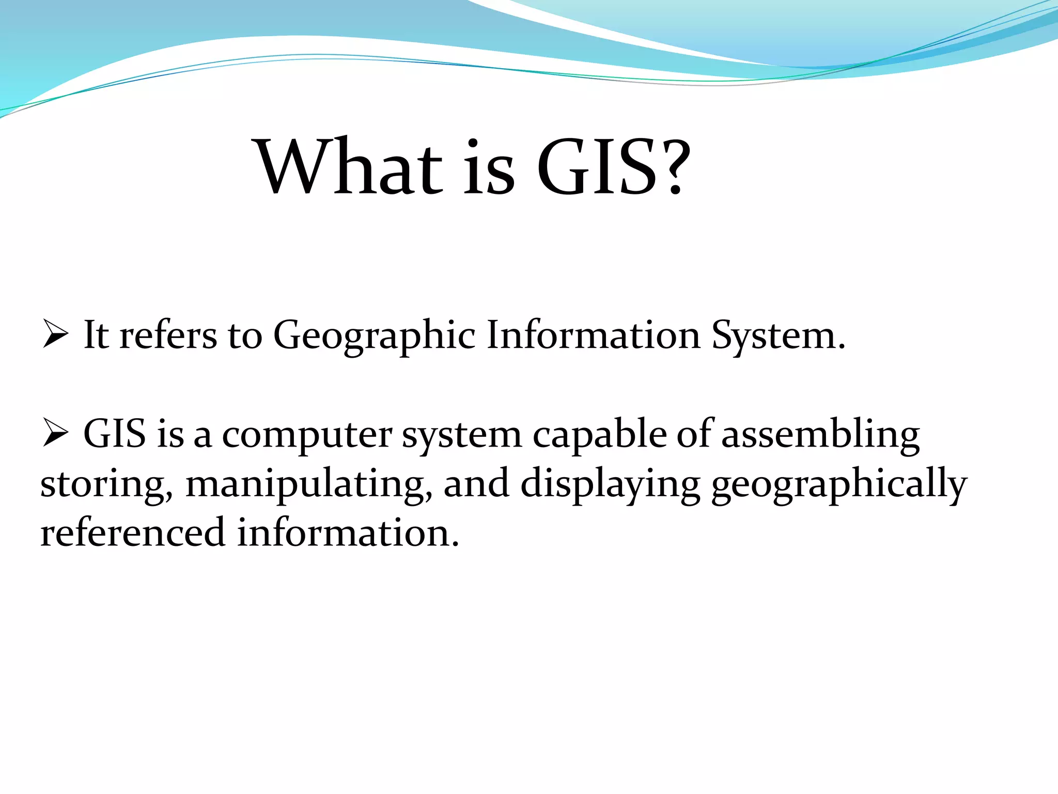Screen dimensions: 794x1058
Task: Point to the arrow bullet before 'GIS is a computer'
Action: click(55, 433)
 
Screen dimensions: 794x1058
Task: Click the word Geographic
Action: click(374, 336)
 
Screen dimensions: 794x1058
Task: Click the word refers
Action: click(168, 336)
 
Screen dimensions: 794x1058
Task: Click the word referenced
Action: click(133, 532)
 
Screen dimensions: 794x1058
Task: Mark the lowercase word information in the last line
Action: click(348, 532)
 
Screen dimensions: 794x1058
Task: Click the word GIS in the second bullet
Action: click(114, 434)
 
